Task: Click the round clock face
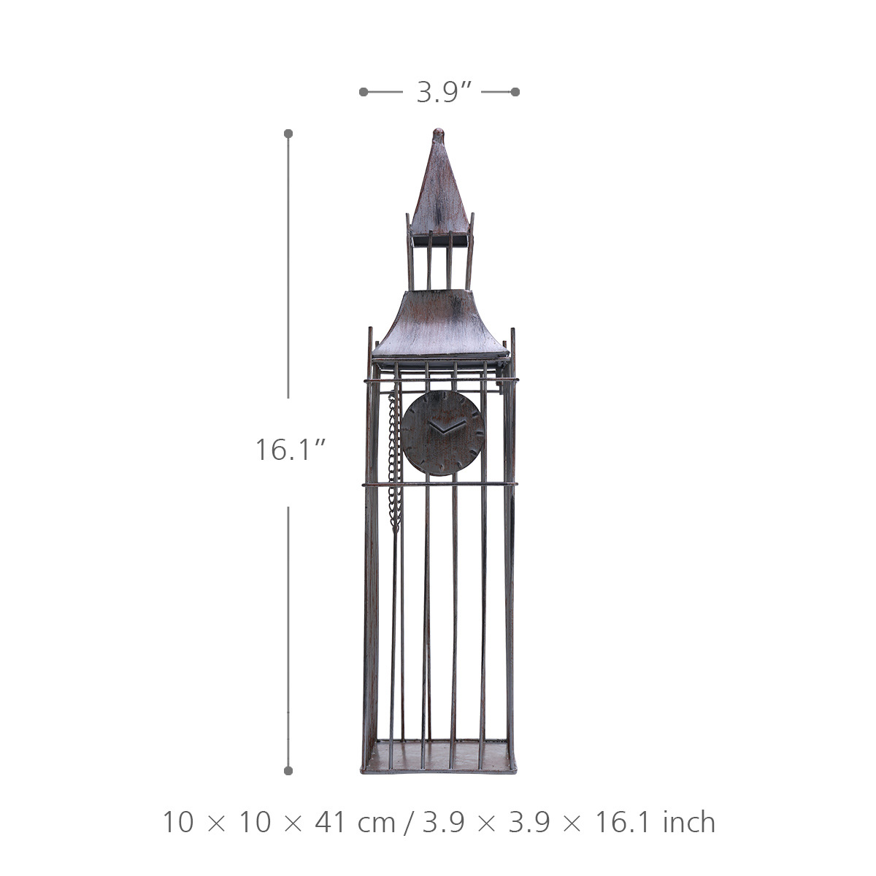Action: point(443,433)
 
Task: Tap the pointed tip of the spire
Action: point(438,132)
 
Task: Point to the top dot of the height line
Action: point(288,134)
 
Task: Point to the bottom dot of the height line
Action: point(288,770)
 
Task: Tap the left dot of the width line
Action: point(364,92)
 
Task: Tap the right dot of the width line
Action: point(515,92)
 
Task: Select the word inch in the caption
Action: point(689,823)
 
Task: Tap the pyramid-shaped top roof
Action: point(439,186)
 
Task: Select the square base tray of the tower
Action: point(439,757)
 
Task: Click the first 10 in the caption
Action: point(180,823)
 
